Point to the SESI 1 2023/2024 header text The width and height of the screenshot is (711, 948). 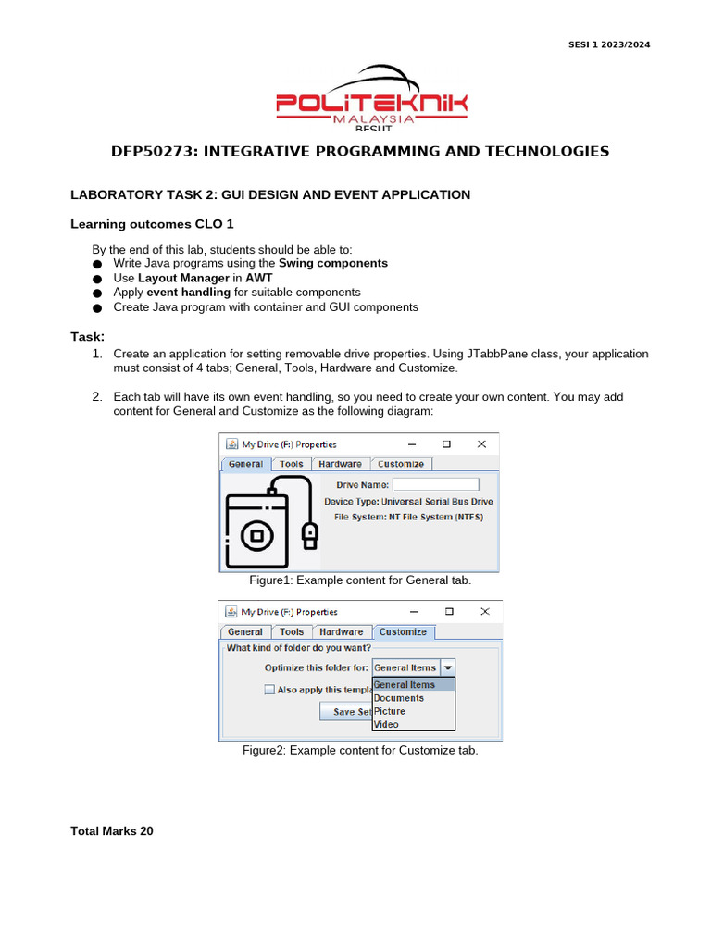point(607,45)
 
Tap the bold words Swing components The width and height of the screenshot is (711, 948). point(333,263)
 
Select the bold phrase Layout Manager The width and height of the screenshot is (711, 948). point(183,278)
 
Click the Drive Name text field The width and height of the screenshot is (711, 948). point(435,484)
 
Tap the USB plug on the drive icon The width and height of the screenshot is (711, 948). point(310,533)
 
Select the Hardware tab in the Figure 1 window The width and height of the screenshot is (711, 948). point(341,464)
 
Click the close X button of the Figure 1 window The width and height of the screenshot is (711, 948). point(481,444)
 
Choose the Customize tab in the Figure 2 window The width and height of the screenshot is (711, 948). point(403,632)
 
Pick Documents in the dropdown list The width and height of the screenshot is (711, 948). point(399,698)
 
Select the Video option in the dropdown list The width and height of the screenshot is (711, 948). point(387,724)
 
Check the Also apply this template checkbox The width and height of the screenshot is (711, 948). point(269,690)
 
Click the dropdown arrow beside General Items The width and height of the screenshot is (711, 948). point(447,667)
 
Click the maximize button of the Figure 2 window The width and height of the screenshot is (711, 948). point(448,612)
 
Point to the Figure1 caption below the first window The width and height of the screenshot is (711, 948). point(360,580)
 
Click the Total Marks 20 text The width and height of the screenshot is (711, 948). point(112,831)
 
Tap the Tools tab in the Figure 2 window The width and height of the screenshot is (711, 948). point(292,632)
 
